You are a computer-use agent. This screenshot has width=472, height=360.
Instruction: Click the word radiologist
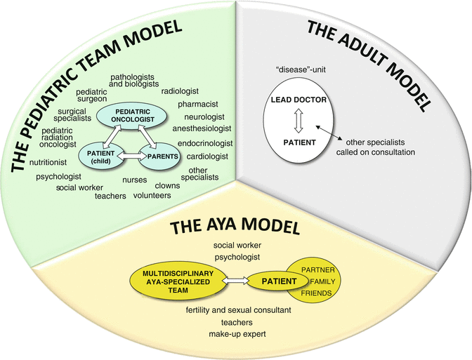(180, 91)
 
